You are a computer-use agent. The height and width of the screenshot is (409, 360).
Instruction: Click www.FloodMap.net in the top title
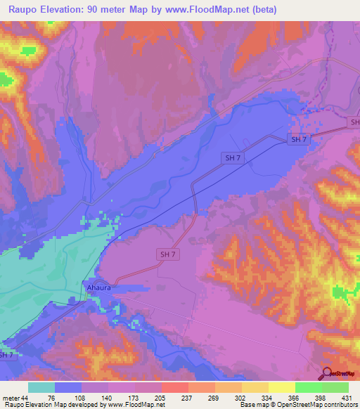point(202,10)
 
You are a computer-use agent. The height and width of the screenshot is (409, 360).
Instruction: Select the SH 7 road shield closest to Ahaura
point(167,254)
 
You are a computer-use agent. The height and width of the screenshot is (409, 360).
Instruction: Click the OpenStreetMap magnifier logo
point(328,375)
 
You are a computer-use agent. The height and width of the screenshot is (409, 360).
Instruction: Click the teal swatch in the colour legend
point(41,387)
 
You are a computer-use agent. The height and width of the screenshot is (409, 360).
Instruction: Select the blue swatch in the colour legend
point(68,387)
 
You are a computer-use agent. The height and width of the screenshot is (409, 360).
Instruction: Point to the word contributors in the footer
point(340,405)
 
